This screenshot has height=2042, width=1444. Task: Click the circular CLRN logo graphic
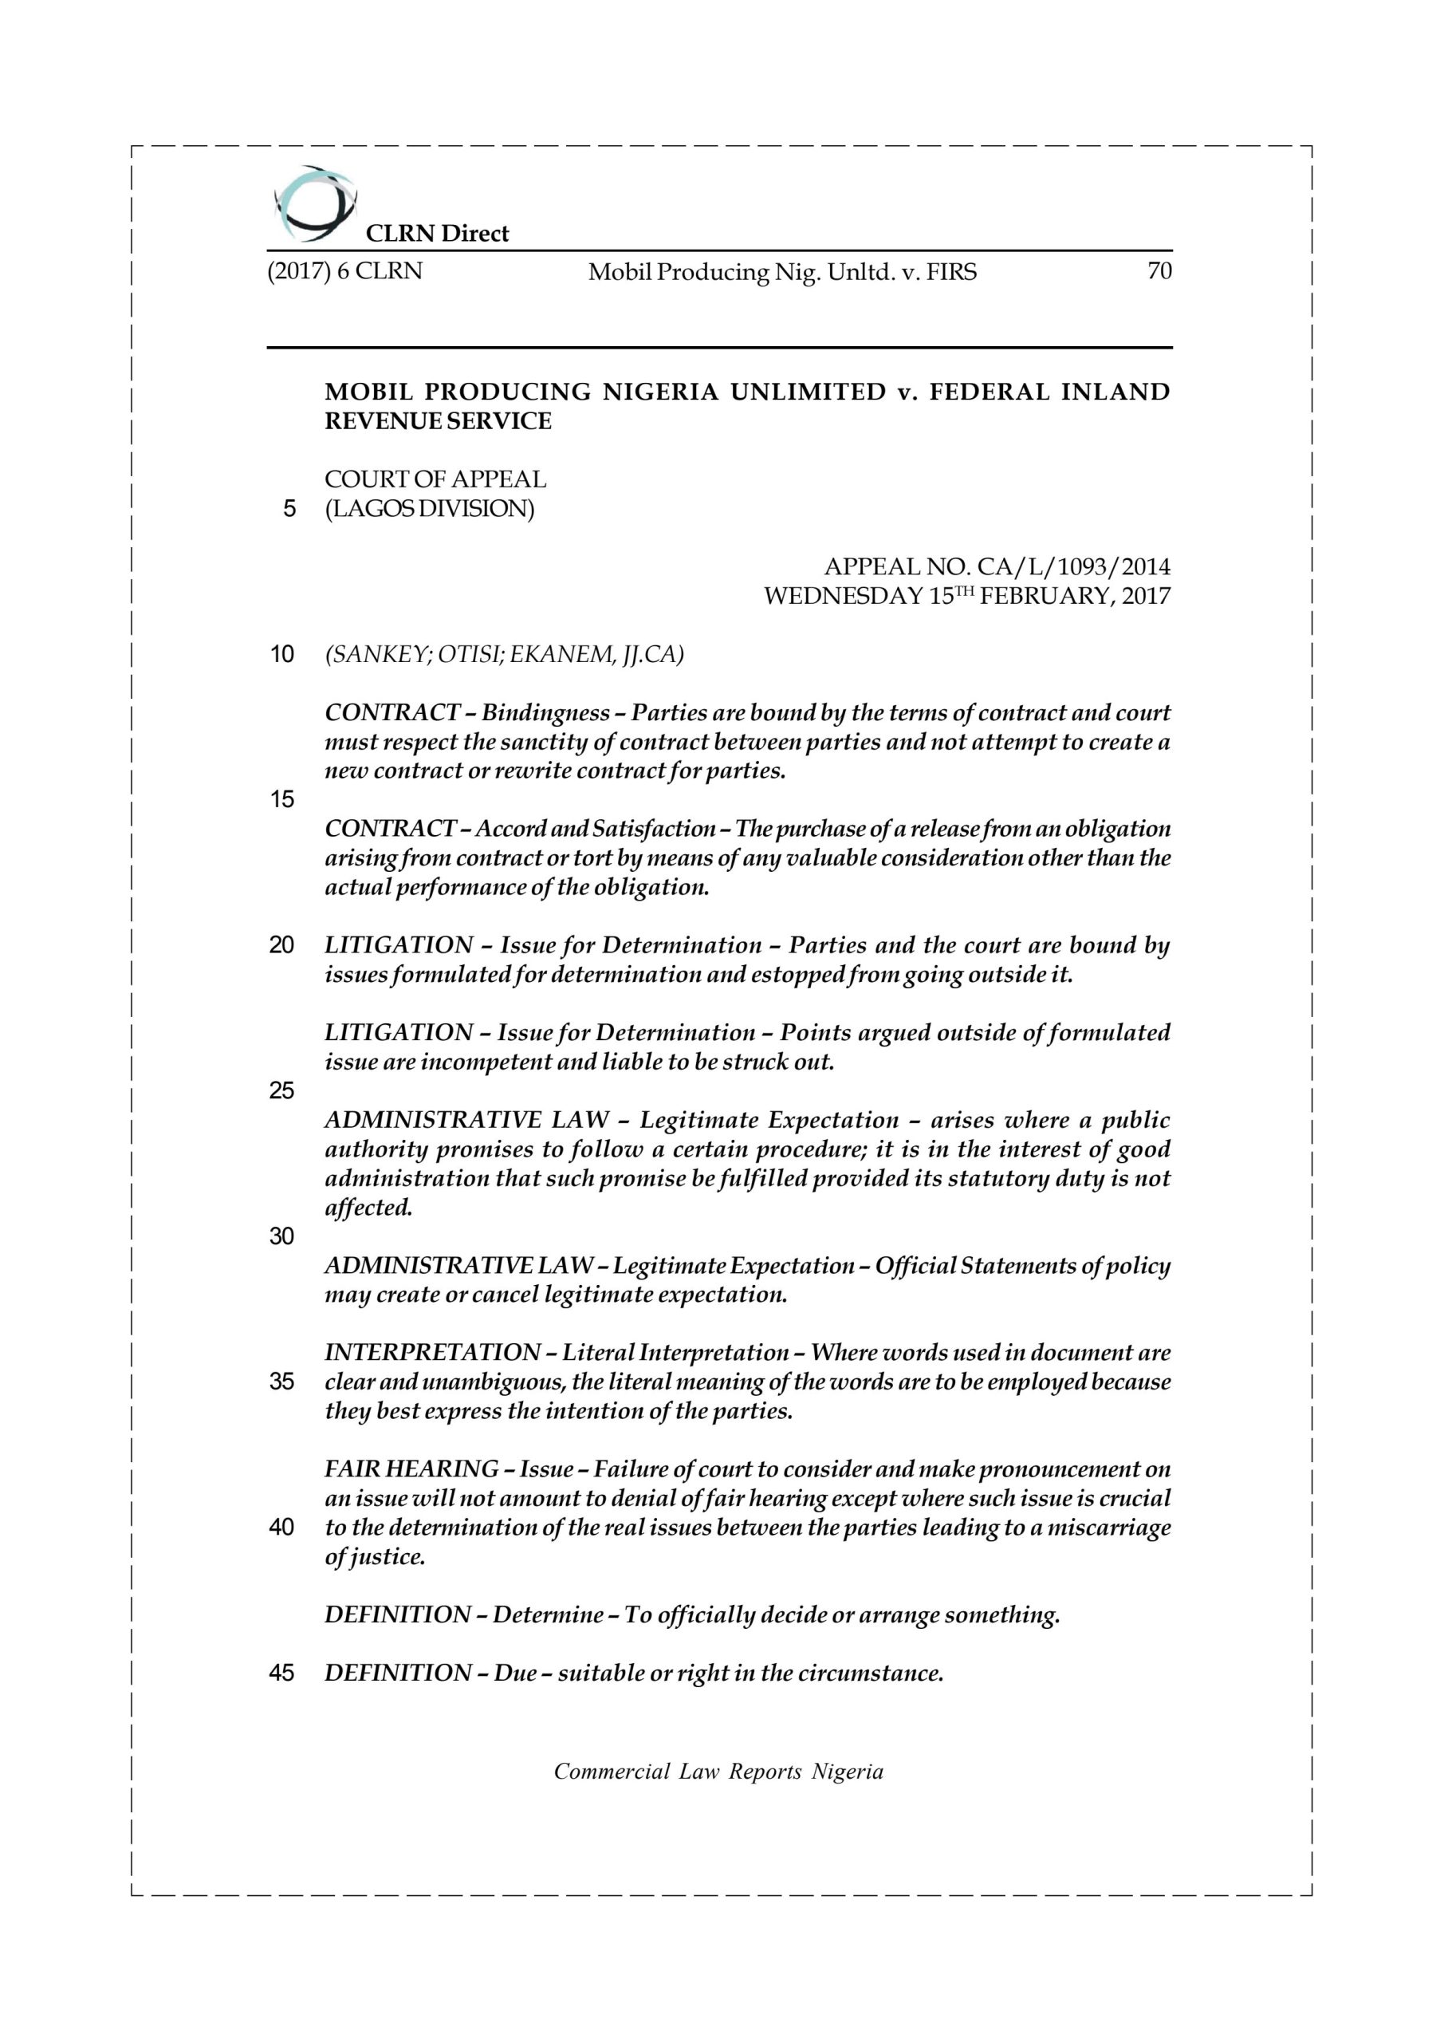[x=314, y=204]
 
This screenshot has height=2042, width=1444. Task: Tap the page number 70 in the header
[x=1159, y=271]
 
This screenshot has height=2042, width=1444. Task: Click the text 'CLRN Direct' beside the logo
[x=438, y=234]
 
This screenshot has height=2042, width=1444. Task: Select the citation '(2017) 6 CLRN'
[x=345, y=271]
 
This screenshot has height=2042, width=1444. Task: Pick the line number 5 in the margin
[x=289, y=510]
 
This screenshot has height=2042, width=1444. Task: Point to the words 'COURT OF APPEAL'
[x=435, y=479]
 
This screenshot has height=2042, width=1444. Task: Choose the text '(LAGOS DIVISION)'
[x=430, y=509]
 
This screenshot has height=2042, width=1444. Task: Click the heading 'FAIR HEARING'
[x=411, y=1468]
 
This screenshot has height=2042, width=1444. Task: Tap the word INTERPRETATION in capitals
[x=432, y=1353]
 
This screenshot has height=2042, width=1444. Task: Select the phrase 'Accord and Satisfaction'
[x=595, y=829]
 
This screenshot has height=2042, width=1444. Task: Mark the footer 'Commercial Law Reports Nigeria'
[x=718, y=1789]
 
